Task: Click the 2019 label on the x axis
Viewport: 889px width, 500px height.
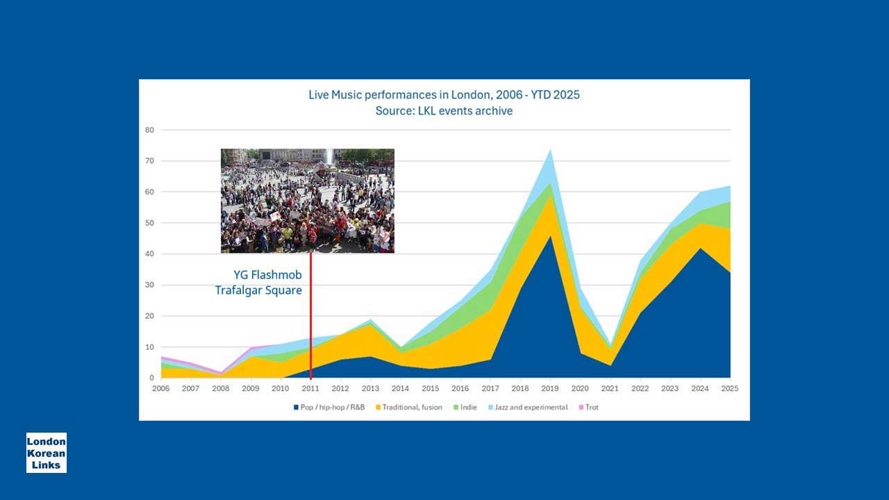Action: [550, 388]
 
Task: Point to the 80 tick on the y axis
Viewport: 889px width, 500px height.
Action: [149, 130]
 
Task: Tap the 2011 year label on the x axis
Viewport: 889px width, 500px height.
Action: [310, 388]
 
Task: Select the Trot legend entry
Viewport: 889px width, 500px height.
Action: [589, 407]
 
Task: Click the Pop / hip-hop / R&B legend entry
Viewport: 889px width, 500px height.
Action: [329, 407]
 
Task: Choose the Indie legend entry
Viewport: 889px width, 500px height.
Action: [465, 407]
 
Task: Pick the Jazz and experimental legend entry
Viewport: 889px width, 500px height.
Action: [528, 407]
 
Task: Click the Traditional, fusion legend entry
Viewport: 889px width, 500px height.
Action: [409, 407]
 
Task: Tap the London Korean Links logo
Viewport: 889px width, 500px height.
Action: [47, 453]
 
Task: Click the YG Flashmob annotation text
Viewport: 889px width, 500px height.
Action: [267, 275]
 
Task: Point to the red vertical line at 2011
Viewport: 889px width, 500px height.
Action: [310, 316]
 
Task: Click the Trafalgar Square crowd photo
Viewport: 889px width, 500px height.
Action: [308, 201]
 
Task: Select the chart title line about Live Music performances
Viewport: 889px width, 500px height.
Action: [444, 95]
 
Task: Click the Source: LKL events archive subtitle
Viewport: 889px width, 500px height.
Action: [444, 110]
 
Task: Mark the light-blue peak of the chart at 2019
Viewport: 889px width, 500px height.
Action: [551, 149]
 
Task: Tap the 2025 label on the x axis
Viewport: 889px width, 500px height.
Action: [729, 388]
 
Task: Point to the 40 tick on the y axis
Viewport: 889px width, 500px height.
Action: [149, 254]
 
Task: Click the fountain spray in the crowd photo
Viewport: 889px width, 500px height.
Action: [329, 156]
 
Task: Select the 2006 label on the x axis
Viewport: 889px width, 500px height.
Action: [160, 388]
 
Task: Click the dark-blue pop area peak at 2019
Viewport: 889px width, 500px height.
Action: [551, 237]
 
